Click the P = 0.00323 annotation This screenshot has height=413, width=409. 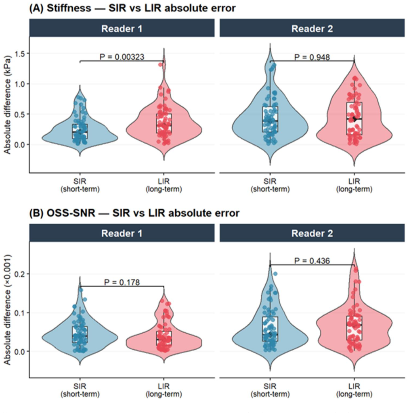[x=122, y=56]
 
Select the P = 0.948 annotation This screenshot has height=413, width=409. [x=312, y=57]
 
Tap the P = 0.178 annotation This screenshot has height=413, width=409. [x=122, y=282]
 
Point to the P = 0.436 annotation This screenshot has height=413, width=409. [x=312, y=261]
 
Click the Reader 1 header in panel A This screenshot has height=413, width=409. [x=122, y=29]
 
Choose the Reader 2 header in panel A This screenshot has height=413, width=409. [x=312, y=29]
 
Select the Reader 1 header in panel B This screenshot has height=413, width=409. [x=122, y=233]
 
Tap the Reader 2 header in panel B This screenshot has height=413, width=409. [x=312, y=233]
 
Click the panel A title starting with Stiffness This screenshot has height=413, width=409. [x=132, y=8]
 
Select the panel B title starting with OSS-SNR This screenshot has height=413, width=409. [x=134, y=213]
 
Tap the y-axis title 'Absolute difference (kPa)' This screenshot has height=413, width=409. [x=7, y=105]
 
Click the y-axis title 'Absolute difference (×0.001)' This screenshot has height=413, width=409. [x=7, y=309]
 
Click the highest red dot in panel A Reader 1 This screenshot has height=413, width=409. [x=161, y=65]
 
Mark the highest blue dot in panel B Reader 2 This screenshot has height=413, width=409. [x=275, y=274]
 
